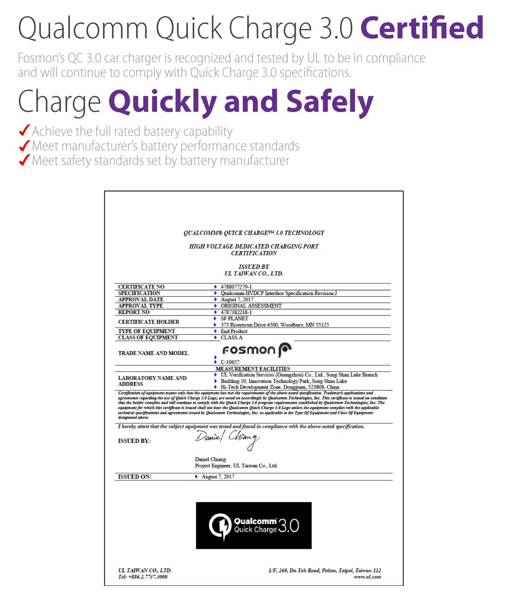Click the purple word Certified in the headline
tap(422, 28)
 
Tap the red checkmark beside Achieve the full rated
tap(24, 131)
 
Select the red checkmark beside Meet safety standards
tap(24, 160)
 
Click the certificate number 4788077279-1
tap(236, 287)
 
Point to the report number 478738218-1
tap(236, 312)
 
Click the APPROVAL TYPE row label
tap(141, 306)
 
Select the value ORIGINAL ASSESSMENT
tap(251, 306)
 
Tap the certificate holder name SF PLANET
tap(234, 318)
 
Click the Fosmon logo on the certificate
tap(257, 350)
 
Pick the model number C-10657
tap(230, 362)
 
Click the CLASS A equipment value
tap(231, 337)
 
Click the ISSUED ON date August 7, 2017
tap(218, 476)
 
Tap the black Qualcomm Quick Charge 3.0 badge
tap(254, 525)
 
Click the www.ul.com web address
tap(367, 577)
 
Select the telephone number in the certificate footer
tap(147, 577)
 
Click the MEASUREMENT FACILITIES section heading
tap(253, 369)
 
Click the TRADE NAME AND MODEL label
tap(153, 353)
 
